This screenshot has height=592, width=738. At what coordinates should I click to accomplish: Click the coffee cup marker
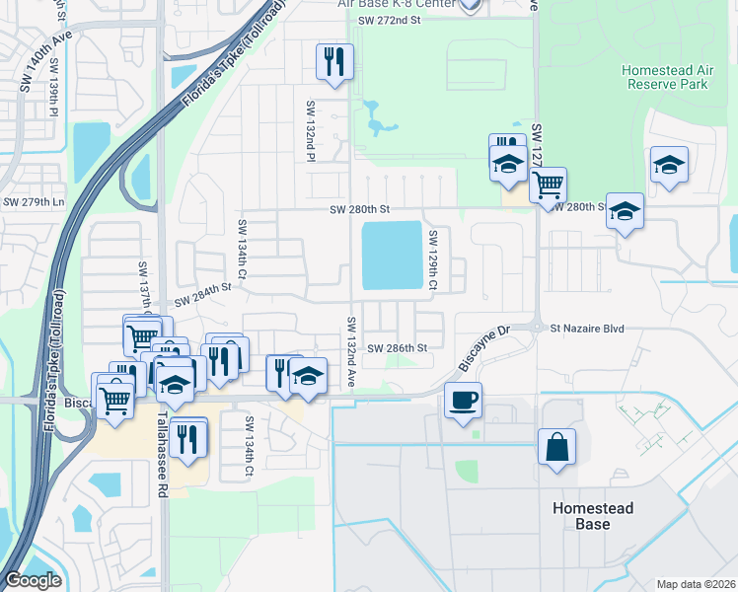click(x=463, y=401)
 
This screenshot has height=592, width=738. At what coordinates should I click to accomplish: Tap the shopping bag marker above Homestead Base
click(x=556, y=446)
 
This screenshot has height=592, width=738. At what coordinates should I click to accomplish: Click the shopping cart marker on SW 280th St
click(x=548, y=185)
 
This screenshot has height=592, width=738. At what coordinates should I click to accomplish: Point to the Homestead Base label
click(x=592, y=516)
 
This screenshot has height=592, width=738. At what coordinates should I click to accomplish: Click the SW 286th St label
click(x=397, y=348)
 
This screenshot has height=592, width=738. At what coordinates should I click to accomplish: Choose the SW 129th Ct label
click(x=432, y=260)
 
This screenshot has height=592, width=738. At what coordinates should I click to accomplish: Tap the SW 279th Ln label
click(x=33, y=202)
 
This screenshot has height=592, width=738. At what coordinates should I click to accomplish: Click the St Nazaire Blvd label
click(x=588, y=328)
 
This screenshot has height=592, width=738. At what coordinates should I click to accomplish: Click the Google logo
click(x=33, y=580)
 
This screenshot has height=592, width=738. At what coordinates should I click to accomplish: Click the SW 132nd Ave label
click(x=350, y=351)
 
